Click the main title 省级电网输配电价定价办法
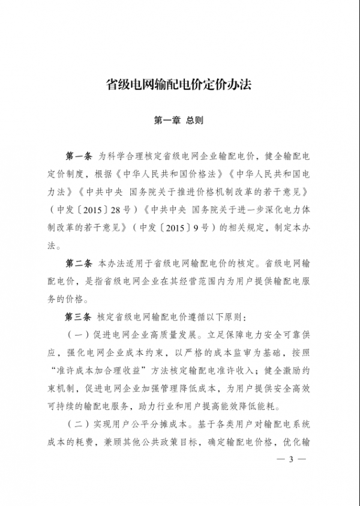178,85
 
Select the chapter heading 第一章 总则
179,120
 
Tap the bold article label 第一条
78,157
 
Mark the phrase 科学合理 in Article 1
131,157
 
